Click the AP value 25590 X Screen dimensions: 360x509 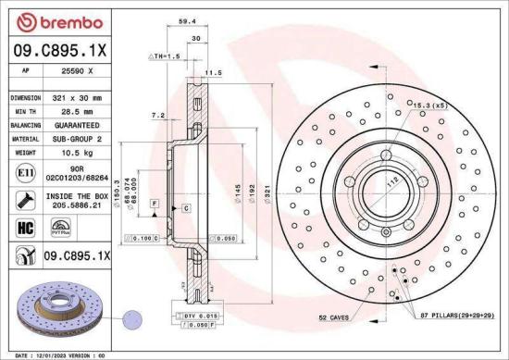coord(77,71)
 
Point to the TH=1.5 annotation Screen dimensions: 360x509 coord(164,56)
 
